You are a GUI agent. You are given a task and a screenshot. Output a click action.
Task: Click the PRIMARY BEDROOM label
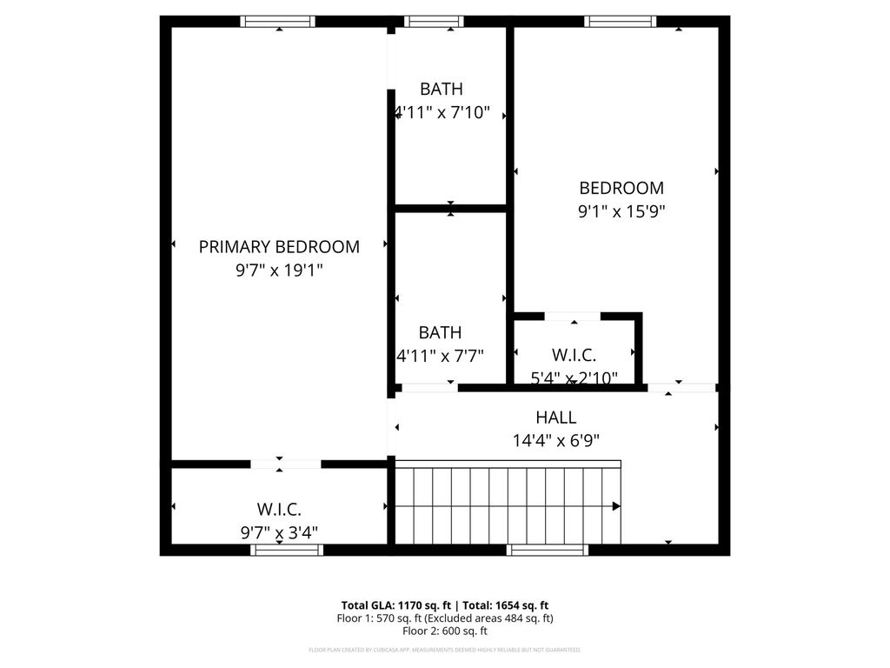click(x=279, y=246)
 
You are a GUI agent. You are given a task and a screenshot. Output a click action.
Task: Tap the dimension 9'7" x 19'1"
click(x=279, y=271)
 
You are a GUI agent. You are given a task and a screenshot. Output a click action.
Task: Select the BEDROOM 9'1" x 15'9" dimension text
click(x=621, y=210)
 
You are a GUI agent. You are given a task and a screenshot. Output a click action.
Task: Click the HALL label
click(x=556, y=417)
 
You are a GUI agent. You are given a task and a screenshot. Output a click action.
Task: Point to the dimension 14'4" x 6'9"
click(x=556, y=441)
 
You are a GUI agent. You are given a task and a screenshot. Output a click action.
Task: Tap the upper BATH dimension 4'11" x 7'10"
click(x=442, y=112)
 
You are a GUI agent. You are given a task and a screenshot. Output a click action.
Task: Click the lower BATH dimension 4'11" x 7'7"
click(x=440, y=355)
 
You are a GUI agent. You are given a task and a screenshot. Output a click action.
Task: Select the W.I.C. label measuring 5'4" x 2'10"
click(x=574, y=355)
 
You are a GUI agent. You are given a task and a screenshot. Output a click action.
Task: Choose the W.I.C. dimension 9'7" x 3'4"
click(x=279, y=532)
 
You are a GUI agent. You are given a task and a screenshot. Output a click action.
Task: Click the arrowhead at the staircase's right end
click(x=616, y=505)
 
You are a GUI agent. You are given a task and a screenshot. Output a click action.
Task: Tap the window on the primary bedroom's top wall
click(x=278, y=22)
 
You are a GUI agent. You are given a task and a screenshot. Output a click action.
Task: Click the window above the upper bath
click(x=434, y=22)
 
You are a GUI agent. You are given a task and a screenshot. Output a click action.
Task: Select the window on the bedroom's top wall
click(x=620, y=22)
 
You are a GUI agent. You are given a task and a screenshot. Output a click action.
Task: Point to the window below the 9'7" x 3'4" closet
click(x=287, y=550)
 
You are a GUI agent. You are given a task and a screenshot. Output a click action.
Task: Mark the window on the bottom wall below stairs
click(x=548, y=550)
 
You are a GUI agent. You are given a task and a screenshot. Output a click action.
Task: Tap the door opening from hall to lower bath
click(x=428, y=387)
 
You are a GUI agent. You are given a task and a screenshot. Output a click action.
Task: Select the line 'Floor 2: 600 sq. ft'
click(x=444, y=631)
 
